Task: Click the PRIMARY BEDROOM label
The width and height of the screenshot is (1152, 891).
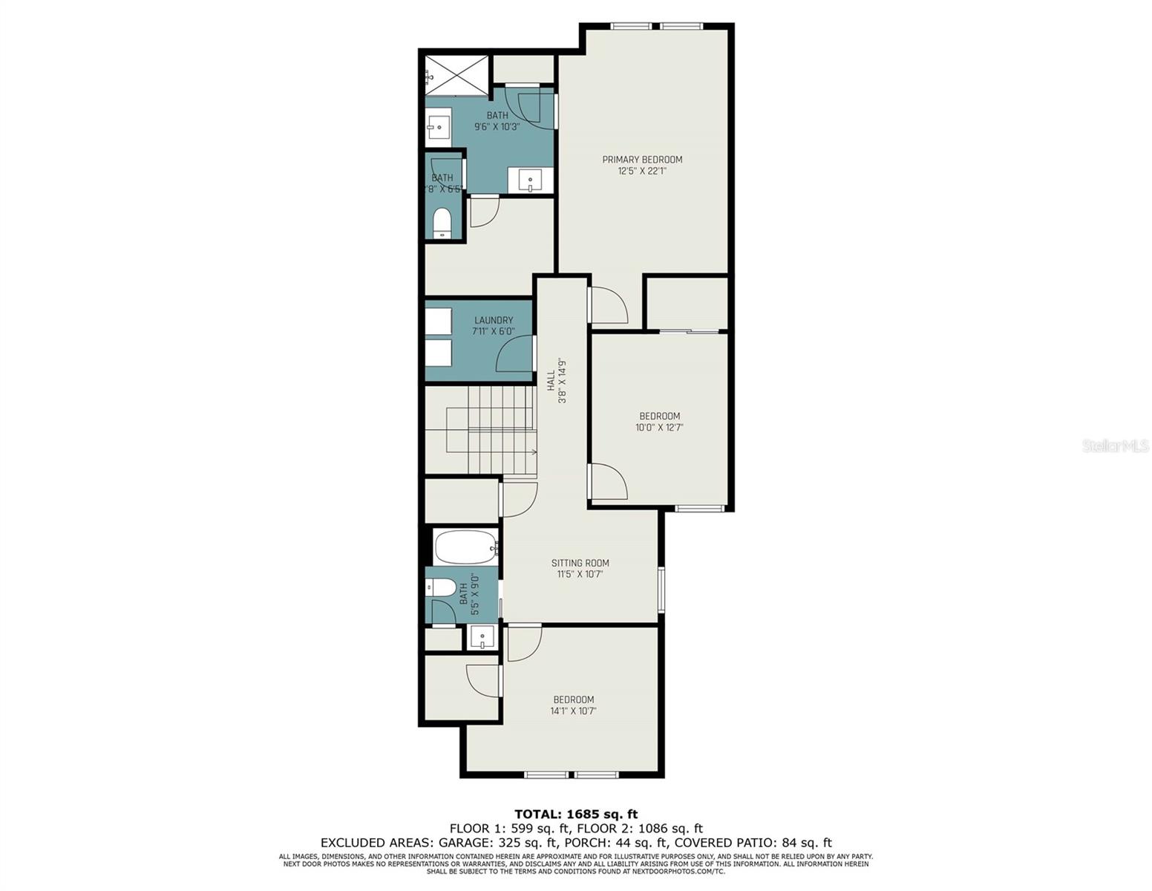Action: point(642,160)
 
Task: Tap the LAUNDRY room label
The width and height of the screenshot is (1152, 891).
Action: point(494,321)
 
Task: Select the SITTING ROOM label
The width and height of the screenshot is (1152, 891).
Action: point(580,563)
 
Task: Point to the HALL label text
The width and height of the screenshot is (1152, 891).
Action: point(552,382)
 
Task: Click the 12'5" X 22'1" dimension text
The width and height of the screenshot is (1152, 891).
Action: point(642,171)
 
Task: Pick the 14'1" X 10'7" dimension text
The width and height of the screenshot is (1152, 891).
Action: point(573,711)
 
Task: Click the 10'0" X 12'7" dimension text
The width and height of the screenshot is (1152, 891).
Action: point(659,428)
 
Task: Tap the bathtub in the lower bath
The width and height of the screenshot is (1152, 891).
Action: point(465,547)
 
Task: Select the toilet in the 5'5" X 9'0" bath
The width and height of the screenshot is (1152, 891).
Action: point(441,588)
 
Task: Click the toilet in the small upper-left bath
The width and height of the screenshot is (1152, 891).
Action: point(442,223)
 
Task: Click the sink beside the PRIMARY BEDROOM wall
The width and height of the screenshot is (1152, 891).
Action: point(531,180)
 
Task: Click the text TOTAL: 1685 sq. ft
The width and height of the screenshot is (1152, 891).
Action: point(576,815)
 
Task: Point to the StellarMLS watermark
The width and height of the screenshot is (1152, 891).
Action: point(1116,446)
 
